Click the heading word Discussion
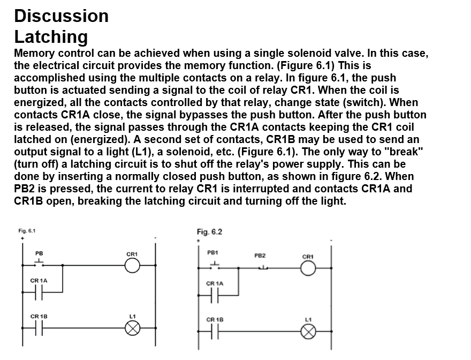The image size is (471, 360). point(61,16)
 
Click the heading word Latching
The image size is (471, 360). point(51,37)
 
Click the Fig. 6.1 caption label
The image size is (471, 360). point(27,231)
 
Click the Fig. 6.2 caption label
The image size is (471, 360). point(209,232)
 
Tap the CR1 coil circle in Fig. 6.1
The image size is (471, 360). point(132,265)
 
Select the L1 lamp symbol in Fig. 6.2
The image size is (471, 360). point(308,332)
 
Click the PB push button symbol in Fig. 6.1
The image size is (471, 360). point(39,263)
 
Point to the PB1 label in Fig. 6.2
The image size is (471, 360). point(213,252)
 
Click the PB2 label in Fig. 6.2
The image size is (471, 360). point(260,256)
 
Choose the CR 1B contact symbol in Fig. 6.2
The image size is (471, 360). point(215,332)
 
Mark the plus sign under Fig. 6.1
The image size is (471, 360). point(22,238)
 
